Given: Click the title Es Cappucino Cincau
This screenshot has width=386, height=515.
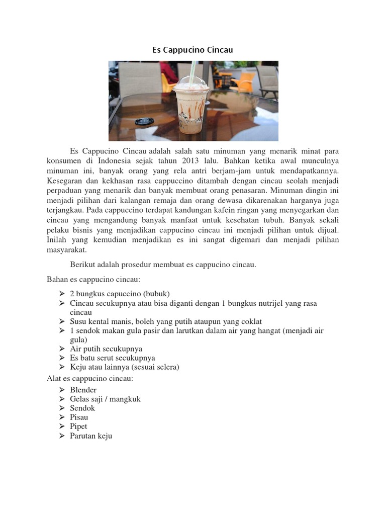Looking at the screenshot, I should (x=193, y=50).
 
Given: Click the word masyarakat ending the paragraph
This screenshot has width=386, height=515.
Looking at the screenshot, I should (x=67, y=249).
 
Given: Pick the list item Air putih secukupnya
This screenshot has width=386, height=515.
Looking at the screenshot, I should (x=106, y=349).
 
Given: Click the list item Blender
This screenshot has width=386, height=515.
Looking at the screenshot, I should (x=83, y=390).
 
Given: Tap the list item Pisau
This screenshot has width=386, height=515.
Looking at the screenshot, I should (x=79, y=417).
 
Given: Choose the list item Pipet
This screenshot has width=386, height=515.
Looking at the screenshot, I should (x=78, y=426).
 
